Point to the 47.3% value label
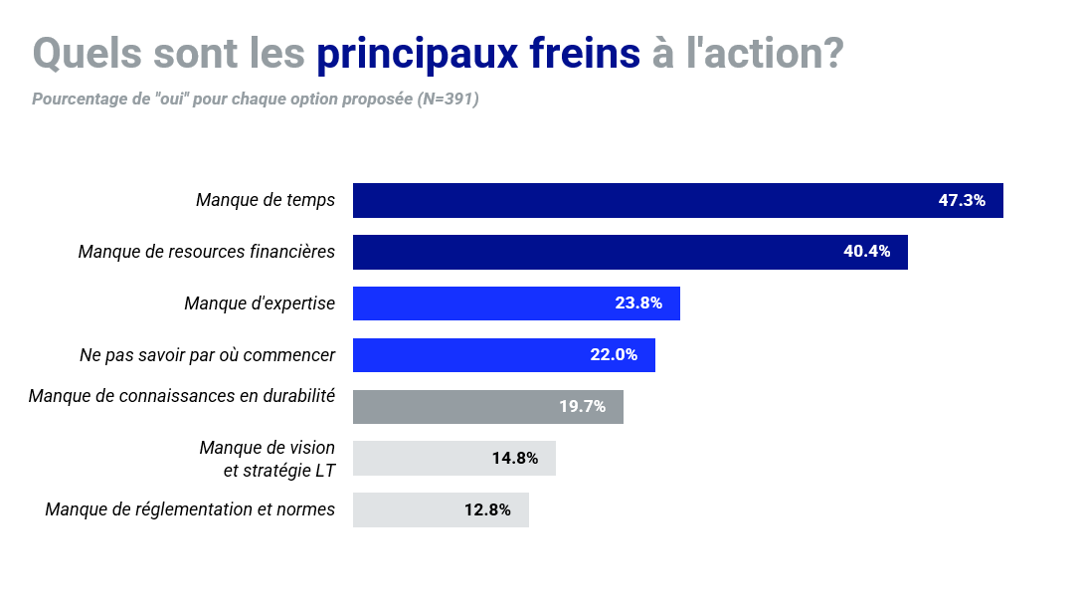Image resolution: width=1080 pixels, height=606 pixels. click(x=962, y=200)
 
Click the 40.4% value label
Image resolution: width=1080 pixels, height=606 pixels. click(x=867, y=252)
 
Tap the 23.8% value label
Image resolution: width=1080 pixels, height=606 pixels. click(x=638, y=303)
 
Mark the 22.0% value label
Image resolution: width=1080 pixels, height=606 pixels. click(x=614, y=355)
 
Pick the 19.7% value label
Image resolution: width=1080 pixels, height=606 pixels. click(x=582, y=407)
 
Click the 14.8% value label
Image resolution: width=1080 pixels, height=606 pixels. click(x=515, y=459)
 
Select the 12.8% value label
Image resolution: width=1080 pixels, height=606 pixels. click(x=487, y=510)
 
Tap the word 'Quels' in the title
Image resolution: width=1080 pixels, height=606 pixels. click(x=88, y=54)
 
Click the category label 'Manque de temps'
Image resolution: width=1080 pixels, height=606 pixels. click(x=266, y=200)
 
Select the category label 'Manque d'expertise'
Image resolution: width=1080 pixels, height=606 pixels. click(x=260, y=303)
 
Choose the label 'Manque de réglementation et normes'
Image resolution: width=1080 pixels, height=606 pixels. click(x=190, y=510)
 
